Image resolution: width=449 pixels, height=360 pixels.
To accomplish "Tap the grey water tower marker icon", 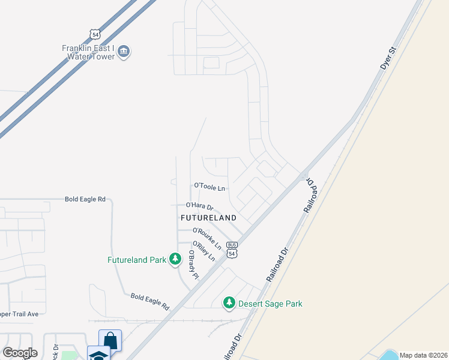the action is (x=124, y=52).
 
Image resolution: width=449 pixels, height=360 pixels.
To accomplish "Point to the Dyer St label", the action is (x=389, y=58).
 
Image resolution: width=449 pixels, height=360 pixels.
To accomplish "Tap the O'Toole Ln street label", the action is (x=209, y=187).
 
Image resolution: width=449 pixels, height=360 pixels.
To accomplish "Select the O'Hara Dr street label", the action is (x=199, y=206).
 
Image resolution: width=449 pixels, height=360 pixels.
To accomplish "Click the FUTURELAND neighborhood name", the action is (x=208, y=217).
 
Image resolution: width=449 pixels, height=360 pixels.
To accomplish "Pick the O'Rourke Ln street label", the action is (x=207, y=238).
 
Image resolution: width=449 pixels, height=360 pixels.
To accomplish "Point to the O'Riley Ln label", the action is (x=203, y=251).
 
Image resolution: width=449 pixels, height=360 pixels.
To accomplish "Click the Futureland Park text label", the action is (x=136, y=260).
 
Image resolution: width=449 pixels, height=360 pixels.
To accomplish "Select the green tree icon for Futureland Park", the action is (x=175, y=259).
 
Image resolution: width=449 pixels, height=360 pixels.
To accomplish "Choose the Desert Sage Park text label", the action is (x=270, y=304).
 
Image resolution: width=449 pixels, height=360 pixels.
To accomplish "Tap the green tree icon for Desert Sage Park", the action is (x=229, y=303).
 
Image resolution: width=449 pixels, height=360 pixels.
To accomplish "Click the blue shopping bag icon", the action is (x=110, y=340).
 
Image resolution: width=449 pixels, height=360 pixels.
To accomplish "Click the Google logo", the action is (x=20, y=353).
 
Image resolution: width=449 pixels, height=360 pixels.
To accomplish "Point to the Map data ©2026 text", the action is (x=423, y=355).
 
